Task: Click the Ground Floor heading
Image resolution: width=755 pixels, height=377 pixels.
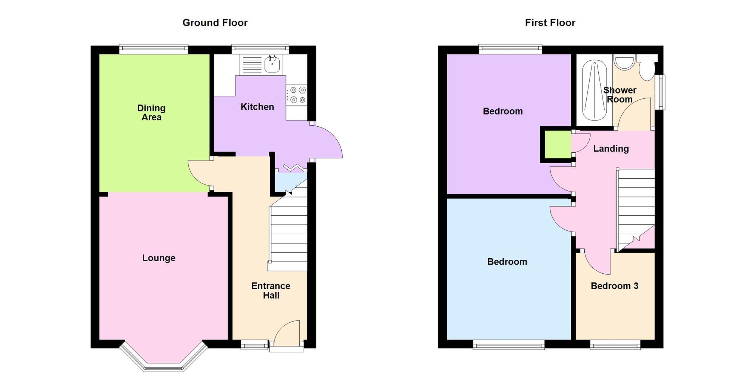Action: tap(215, 23)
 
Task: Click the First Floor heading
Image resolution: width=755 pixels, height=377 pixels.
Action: tap(550, 23)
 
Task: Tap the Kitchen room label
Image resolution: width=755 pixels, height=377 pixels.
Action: tap(257, 107)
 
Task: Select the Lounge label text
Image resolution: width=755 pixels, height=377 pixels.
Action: tap(159, 258)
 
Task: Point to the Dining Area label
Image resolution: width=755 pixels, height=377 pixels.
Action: tap(151, 113)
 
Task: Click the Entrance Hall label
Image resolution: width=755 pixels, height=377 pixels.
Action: tap(271, 291)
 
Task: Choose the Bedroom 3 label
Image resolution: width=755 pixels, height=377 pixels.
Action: tap(614, 286)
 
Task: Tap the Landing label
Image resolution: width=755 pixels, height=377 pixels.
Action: tap(611, 149)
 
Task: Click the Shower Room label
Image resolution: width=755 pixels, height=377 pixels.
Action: tap(619, 95)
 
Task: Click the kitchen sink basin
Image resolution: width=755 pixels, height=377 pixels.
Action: tap(272, 64)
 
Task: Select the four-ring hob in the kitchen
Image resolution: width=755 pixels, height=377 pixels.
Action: tap(297, 95)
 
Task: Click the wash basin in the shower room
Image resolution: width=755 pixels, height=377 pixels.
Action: tap(624, 63)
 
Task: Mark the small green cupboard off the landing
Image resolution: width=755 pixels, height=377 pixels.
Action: tap(557, 145)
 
